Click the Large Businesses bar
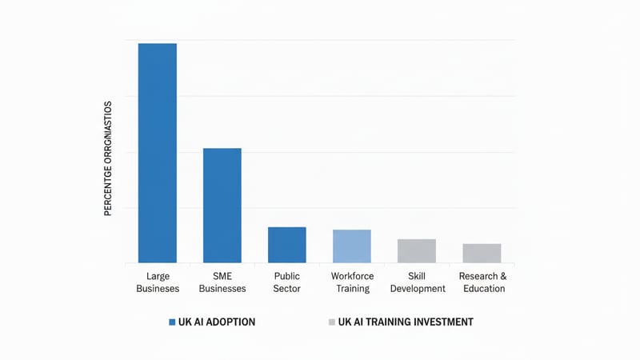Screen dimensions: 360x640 [x=158, y=153]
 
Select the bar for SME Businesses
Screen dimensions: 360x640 [x=222, y=206]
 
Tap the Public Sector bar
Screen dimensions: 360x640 [x=286, y=245]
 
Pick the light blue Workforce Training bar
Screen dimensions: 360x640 [x=352, y=246]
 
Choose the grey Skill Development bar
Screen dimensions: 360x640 [x=417, y=251]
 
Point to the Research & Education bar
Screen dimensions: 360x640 [x=482, y=254]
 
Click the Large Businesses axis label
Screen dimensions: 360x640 [x=158, y=282]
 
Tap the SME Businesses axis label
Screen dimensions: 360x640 [x=222, y=282]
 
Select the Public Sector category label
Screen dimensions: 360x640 [x=286, y=282]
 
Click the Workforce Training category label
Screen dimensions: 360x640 [x=352, y=282]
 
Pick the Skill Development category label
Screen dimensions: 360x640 [x=417, y=282]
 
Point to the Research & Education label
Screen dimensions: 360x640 [x=483, y=282]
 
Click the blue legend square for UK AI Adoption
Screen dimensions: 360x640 [x=172, y=322]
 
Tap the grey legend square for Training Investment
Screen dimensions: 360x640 [x=331, y=322]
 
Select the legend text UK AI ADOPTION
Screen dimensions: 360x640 [x=217, y=322]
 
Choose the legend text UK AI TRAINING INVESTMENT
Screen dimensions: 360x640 [x=406, y=322]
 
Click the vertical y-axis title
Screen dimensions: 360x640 [x=108, y=155]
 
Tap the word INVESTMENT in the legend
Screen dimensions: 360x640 [x=445, y=322]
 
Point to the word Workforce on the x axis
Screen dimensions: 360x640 [x=352, y=276]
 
